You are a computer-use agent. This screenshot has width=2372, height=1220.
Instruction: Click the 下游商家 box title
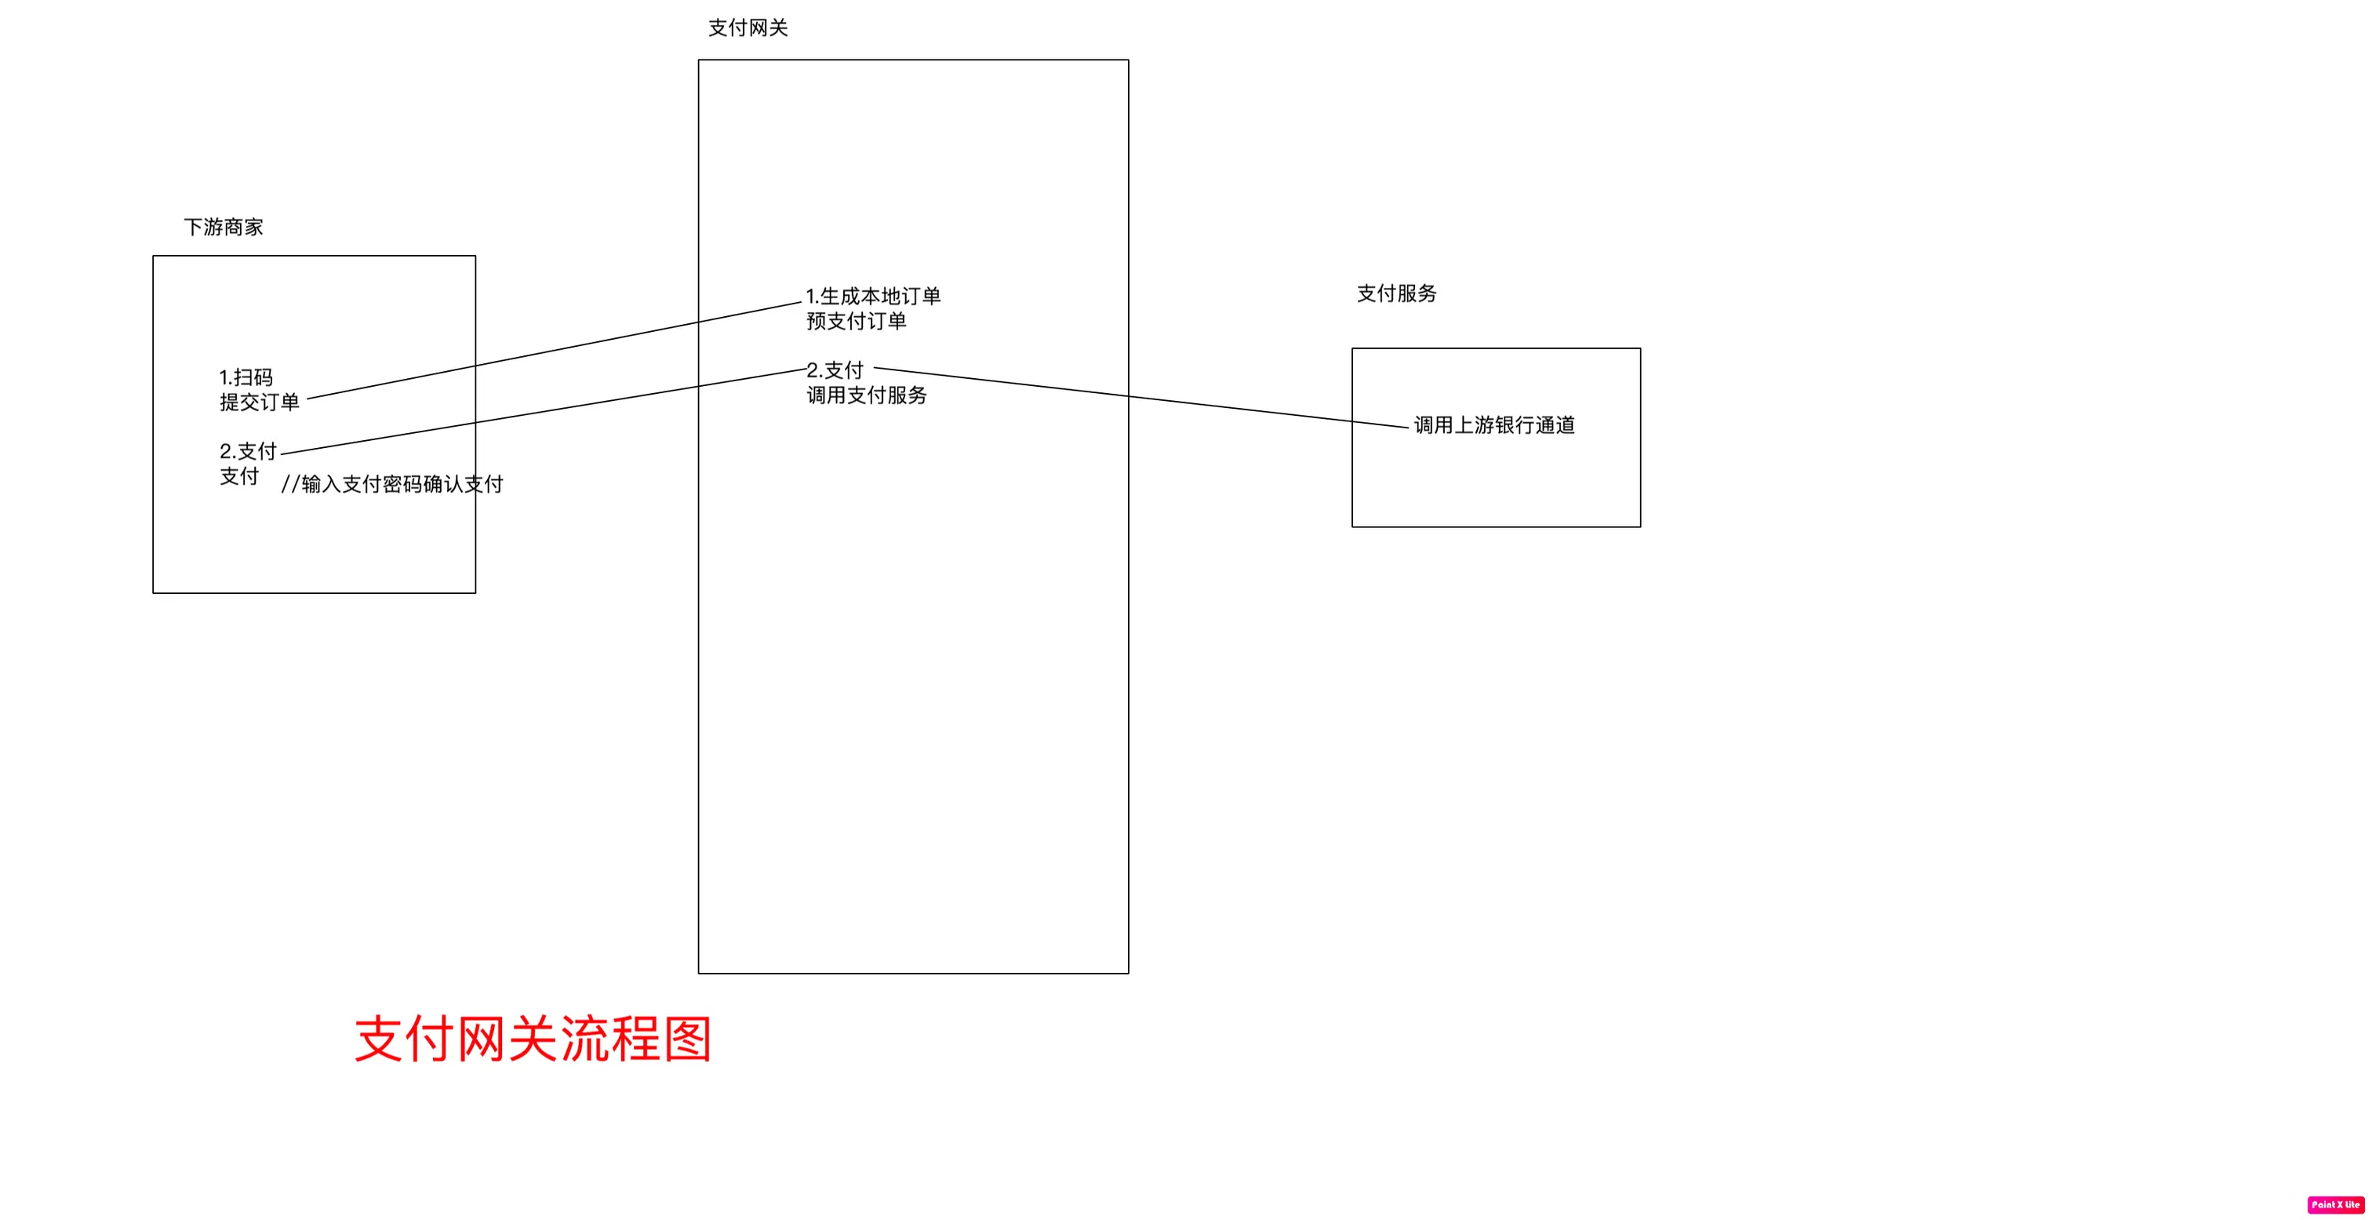[224, 228]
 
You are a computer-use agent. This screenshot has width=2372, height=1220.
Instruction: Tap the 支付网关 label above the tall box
[748, 28]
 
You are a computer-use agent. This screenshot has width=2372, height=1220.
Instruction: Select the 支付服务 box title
[1396, 293]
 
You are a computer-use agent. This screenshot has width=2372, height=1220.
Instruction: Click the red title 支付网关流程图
[533, 1040]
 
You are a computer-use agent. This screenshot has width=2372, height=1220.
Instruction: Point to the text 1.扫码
[246, 377]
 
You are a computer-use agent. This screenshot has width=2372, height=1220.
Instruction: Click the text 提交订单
[260, 402]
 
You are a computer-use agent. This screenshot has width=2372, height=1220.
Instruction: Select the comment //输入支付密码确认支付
[392, 484]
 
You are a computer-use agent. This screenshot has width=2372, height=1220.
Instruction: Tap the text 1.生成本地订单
[873, 297]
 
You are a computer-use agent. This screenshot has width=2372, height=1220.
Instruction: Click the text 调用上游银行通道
[1494, 425]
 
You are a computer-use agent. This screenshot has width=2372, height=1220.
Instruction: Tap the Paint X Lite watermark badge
[2335, 1204]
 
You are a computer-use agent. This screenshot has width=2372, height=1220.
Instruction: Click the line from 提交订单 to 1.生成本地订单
[552, 351]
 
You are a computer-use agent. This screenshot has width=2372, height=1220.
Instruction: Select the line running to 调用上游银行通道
[1142, 398]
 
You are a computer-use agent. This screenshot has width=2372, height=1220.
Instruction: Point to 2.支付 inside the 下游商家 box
[248, 451]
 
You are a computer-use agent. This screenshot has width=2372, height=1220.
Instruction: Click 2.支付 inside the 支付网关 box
[835, 370]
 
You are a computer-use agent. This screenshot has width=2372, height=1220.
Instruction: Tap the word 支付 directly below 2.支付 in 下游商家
[239, 477]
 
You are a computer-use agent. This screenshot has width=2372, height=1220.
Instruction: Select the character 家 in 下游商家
[253, 228]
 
